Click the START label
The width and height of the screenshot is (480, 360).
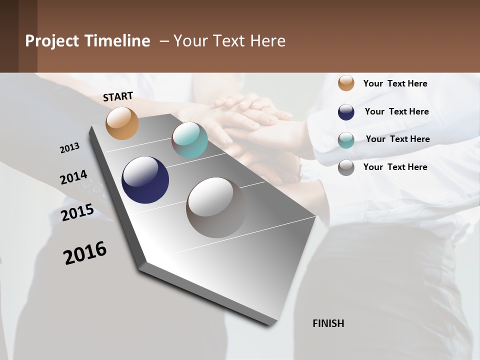pos(118,96)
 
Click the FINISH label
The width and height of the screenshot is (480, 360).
pos(328,323)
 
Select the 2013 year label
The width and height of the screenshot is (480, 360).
pos(70,148)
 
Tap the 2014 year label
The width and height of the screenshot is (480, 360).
pos(73,177)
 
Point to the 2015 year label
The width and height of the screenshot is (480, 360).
pos(77,212)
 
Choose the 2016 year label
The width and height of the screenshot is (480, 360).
pos(85,253)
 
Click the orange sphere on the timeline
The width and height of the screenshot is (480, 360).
pos(122,123)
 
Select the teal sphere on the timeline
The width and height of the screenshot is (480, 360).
pos(189,140)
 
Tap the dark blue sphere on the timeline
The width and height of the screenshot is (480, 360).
pos(145,180)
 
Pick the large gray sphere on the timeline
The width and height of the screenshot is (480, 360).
pos(216,207)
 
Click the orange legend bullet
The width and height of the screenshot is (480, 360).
pos(346,83)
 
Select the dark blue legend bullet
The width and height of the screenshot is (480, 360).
pos(346,112)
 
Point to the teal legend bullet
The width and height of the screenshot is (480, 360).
pos(346,140)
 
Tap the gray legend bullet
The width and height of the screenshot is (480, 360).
pos(346,167)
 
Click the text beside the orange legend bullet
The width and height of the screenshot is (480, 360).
pos(395,83)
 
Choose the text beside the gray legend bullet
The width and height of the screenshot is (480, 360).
pos(395,167)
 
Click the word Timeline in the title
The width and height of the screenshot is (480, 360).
pos(117,41)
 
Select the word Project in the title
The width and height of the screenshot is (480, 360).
pos(52,41)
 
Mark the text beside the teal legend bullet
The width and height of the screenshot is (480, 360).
pos(397,139)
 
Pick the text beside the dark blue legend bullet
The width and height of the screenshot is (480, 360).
pos(396,111)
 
